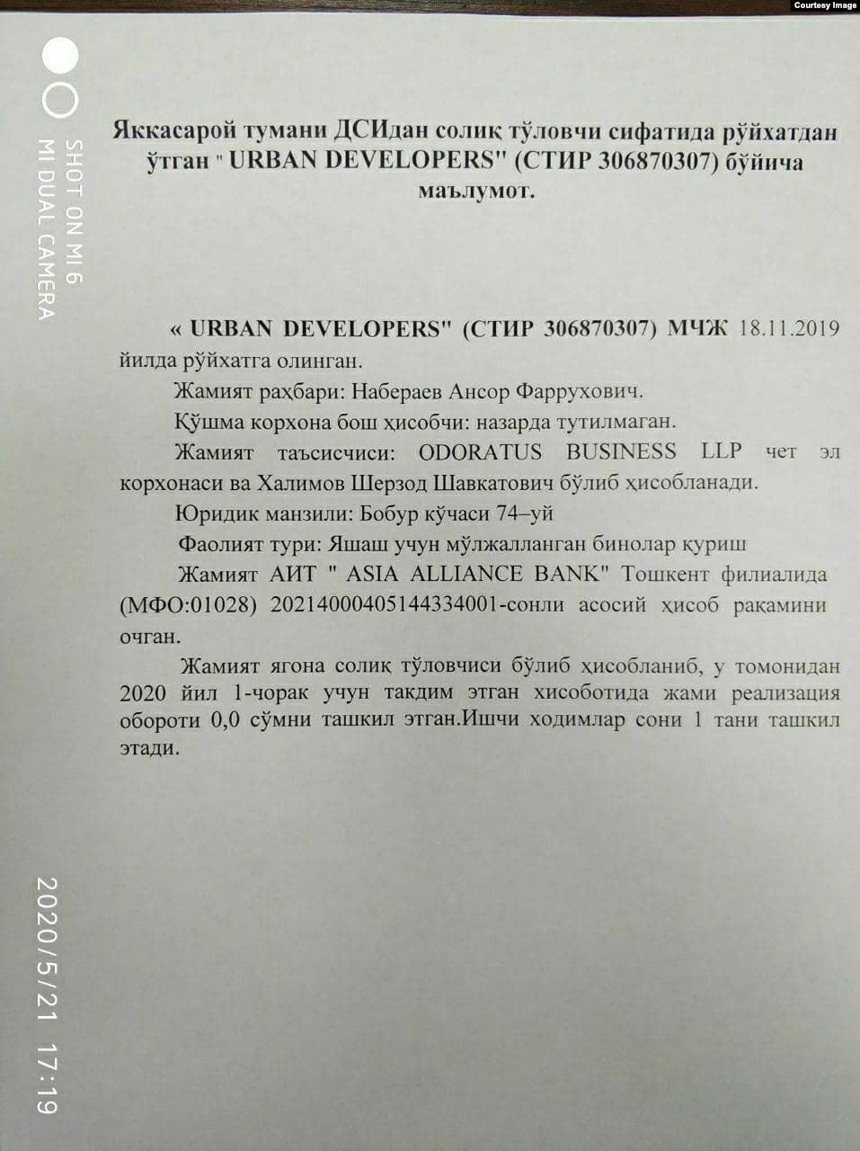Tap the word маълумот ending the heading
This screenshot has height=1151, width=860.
click(475, 191)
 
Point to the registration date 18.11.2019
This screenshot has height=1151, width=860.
click(789, 327)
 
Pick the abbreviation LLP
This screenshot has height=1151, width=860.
click(722, 451)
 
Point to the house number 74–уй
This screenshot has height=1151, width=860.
click(526, 513)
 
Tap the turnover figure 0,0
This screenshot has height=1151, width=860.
click(226, 721)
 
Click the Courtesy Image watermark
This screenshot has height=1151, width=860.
click(825, 5)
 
